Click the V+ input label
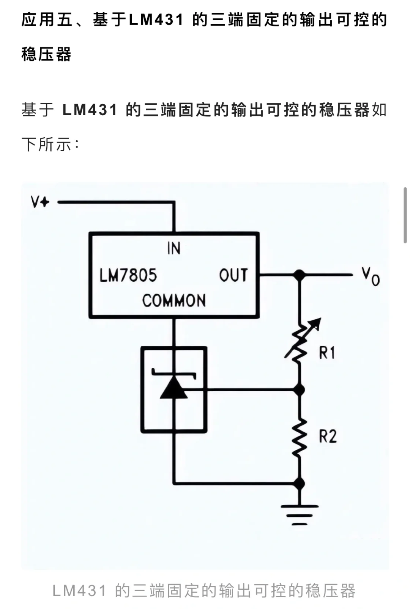(x=40, y=202)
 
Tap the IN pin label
(x=174, y=249)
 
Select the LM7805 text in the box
(x=128, y=275)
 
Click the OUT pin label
(x=233, y=275)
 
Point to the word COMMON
(x=174, y=301)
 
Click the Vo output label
(x=370, y=276)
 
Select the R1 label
(x=326, y=353)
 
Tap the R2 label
(x=327, y=436)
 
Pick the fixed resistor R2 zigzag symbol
(x=300, y=437)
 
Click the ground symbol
(x=300, y=515)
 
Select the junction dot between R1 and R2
(x=300, y=389)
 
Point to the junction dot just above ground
(x=300, y=483)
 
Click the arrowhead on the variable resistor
(x=316, y=323)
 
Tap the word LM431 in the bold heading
(x=156, y=20)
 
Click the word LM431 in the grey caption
(x=79, y=591)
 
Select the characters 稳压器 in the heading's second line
(x=46, y=54)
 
